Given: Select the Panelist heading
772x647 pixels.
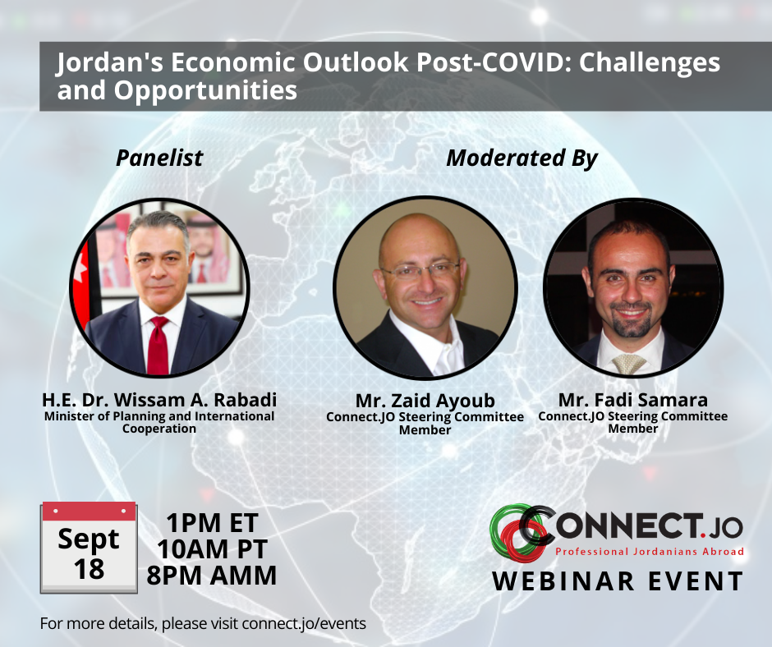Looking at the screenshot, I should tap(159, 158).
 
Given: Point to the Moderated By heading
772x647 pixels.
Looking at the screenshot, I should tap(522, 158).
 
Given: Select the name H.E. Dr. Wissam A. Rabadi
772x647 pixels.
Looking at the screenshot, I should tap(159, 400).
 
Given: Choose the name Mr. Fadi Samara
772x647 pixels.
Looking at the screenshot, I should tap(632, 400).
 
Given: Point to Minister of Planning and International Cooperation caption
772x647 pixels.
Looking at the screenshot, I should tap(159, 422).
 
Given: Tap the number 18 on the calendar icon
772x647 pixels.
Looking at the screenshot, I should tap(89, 568).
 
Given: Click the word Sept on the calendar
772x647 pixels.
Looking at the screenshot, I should tap(89, 539).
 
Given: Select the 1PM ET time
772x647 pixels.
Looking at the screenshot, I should tap(212, 522).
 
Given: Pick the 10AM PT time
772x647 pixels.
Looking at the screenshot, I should tap(212, 548).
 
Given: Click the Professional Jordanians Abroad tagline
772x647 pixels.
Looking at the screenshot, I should tap(649, 551).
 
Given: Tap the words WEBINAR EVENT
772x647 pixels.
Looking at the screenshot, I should tap(618, 580).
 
